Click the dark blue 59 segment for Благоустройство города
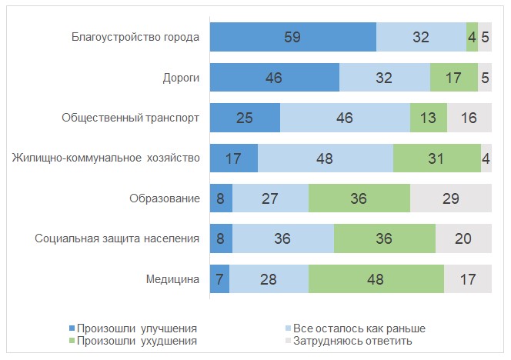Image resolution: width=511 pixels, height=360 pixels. [x=292, y=37]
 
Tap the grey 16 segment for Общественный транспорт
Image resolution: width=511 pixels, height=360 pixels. [x=469, y=118]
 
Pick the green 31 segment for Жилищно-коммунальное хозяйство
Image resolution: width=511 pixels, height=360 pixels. [x=436, y=158]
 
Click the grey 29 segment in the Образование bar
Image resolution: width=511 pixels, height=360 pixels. [x=451, y=198]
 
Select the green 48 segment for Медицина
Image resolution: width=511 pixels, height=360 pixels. [x=376, y=279]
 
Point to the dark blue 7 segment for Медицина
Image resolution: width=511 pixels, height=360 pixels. [x=219, y=279]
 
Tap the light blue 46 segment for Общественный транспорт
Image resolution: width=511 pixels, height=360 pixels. [x=345, y=118]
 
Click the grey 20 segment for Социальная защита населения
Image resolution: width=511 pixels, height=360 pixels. [x=463, y=238]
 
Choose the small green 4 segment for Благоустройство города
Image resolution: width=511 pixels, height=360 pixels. [x=472, y=37]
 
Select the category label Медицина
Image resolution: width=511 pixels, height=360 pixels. [x=175, y=279]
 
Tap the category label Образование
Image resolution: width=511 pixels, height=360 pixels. [x=165, y=198]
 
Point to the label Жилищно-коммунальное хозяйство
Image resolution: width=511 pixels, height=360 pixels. [x=106, y=158]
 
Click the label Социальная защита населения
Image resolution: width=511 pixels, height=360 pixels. [x=118, y=238]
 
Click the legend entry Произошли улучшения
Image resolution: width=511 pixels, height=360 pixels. [x=132, y=328]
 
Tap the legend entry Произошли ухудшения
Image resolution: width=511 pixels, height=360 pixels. [x=132, y=340]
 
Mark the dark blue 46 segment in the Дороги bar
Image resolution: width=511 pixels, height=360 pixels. [x=274, y=78]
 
